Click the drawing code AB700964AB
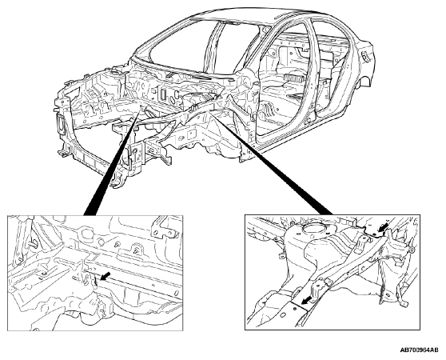point(420,350)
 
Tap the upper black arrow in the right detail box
point(383,228)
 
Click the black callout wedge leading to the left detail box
point(113,161)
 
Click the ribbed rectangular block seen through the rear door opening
point(294,78)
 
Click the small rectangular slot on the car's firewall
point(163,94)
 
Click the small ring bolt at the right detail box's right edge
point(412,250)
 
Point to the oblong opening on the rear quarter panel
point(365,56)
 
